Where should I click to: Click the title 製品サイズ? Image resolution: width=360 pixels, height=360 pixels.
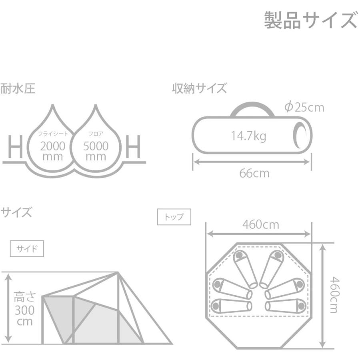coord(310,20)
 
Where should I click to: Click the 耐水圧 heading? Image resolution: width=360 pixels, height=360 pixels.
coord(18,89)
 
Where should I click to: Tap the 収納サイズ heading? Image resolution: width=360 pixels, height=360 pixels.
coord(199,89)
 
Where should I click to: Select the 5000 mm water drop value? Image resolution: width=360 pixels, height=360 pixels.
coord(96,151)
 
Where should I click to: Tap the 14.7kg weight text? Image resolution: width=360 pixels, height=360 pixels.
coord(248,136)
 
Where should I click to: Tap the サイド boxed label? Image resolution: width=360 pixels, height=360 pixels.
coord(26,248)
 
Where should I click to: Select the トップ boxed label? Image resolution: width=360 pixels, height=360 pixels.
coord(174,217)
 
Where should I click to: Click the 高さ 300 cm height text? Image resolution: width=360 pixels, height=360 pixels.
coord(25,309)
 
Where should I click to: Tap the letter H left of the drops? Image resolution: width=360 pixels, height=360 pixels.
coord(15,147)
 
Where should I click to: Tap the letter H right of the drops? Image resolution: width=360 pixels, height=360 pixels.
coord(133,147)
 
